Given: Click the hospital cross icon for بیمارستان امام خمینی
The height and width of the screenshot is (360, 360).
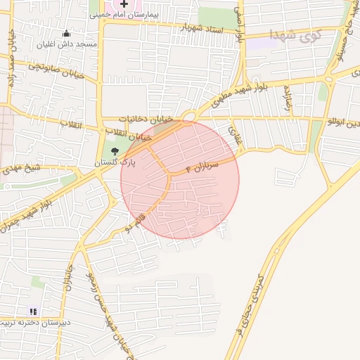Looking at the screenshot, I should click(x=124, y=4).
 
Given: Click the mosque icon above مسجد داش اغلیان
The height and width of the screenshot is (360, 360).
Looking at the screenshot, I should click(x=67, y=33).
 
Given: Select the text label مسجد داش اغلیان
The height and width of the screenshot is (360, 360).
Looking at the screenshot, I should click(x=67, y=44).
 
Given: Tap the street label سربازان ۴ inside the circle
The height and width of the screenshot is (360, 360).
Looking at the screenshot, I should click(x=203, y=167).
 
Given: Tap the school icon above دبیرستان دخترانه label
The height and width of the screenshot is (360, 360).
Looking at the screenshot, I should click(x=32, y=311).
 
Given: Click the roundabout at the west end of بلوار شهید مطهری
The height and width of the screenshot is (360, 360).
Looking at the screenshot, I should click(x=188, y=117).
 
